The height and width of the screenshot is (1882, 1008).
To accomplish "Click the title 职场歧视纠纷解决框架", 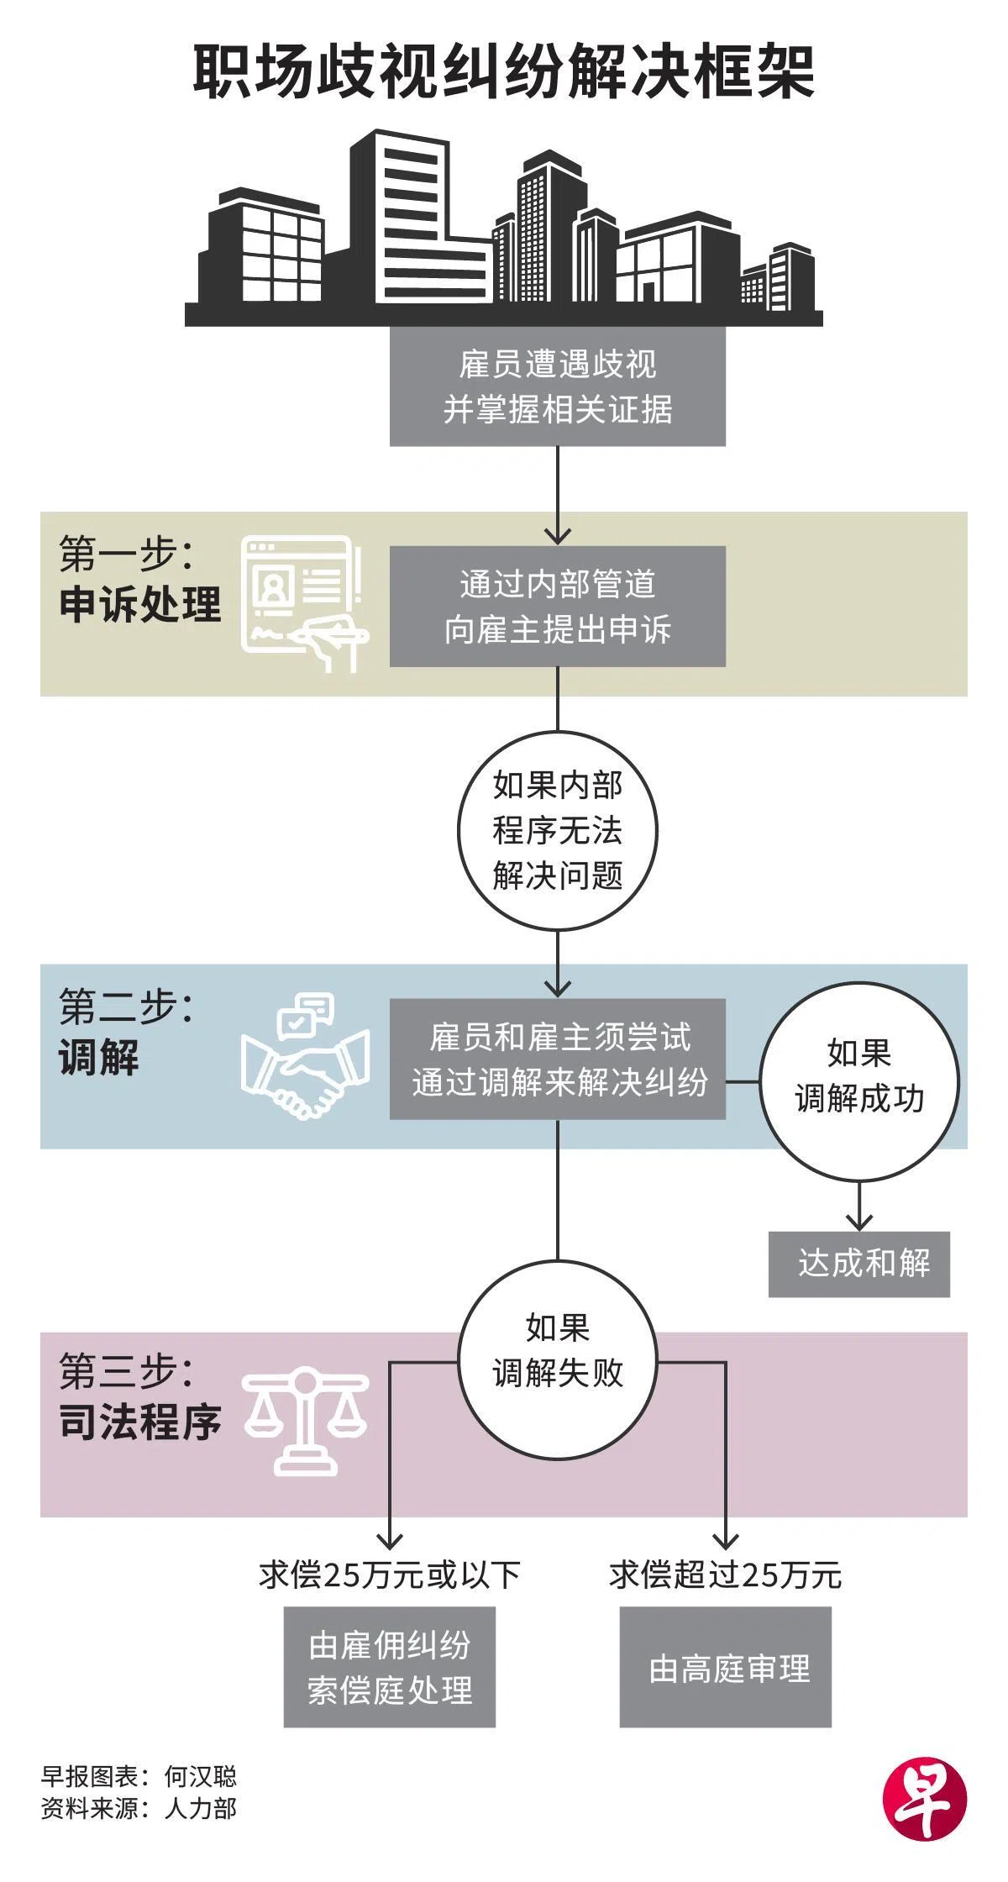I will coord(504,74).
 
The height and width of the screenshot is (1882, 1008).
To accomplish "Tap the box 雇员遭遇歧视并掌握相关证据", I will coord(557,386).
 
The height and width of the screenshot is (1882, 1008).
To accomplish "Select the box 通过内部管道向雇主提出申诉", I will coord(557,607).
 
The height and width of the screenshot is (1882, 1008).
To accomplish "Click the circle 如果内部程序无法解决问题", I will coord(557,830).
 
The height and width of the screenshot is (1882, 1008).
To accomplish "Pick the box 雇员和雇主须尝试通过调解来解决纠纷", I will coord(557,1059).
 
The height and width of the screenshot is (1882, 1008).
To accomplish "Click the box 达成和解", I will coord(858,1264).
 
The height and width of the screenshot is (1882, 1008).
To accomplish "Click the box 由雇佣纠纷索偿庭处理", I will coord(389,1667).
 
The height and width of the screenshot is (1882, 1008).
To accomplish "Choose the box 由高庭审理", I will coord(725,1667).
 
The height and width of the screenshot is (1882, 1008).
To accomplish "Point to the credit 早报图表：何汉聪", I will coord(139,1776).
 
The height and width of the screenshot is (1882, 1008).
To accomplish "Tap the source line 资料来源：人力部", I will coord(139,1808).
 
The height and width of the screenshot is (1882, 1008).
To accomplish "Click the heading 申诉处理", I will coord(140,605).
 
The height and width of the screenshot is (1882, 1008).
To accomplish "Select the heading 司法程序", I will coord(140,1422).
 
